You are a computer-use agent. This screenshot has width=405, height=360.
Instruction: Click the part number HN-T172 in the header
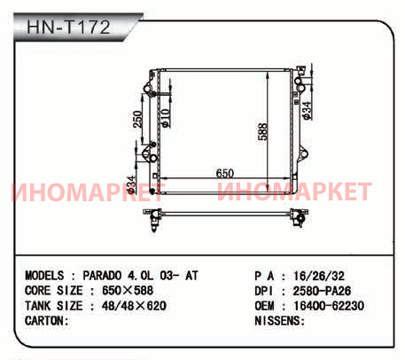[68, 27]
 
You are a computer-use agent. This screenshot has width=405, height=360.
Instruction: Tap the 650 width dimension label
[225, 174]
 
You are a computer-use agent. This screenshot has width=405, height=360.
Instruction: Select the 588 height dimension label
[262, 131]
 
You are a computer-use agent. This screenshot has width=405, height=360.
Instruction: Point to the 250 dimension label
[137, 119]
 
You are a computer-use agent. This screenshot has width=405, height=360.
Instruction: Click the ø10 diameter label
[166, 118]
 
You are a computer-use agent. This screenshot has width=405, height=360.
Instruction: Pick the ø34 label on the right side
[307, 111]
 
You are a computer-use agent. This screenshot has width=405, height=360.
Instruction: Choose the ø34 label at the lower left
[130, 184]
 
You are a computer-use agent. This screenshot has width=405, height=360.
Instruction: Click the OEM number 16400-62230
[329, 306]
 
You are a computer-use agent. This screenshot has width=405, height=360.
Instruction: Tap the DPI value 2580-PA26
[322, 291]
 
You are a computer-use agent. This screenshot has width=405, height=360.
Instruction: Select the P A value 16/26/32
[319, 276]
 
